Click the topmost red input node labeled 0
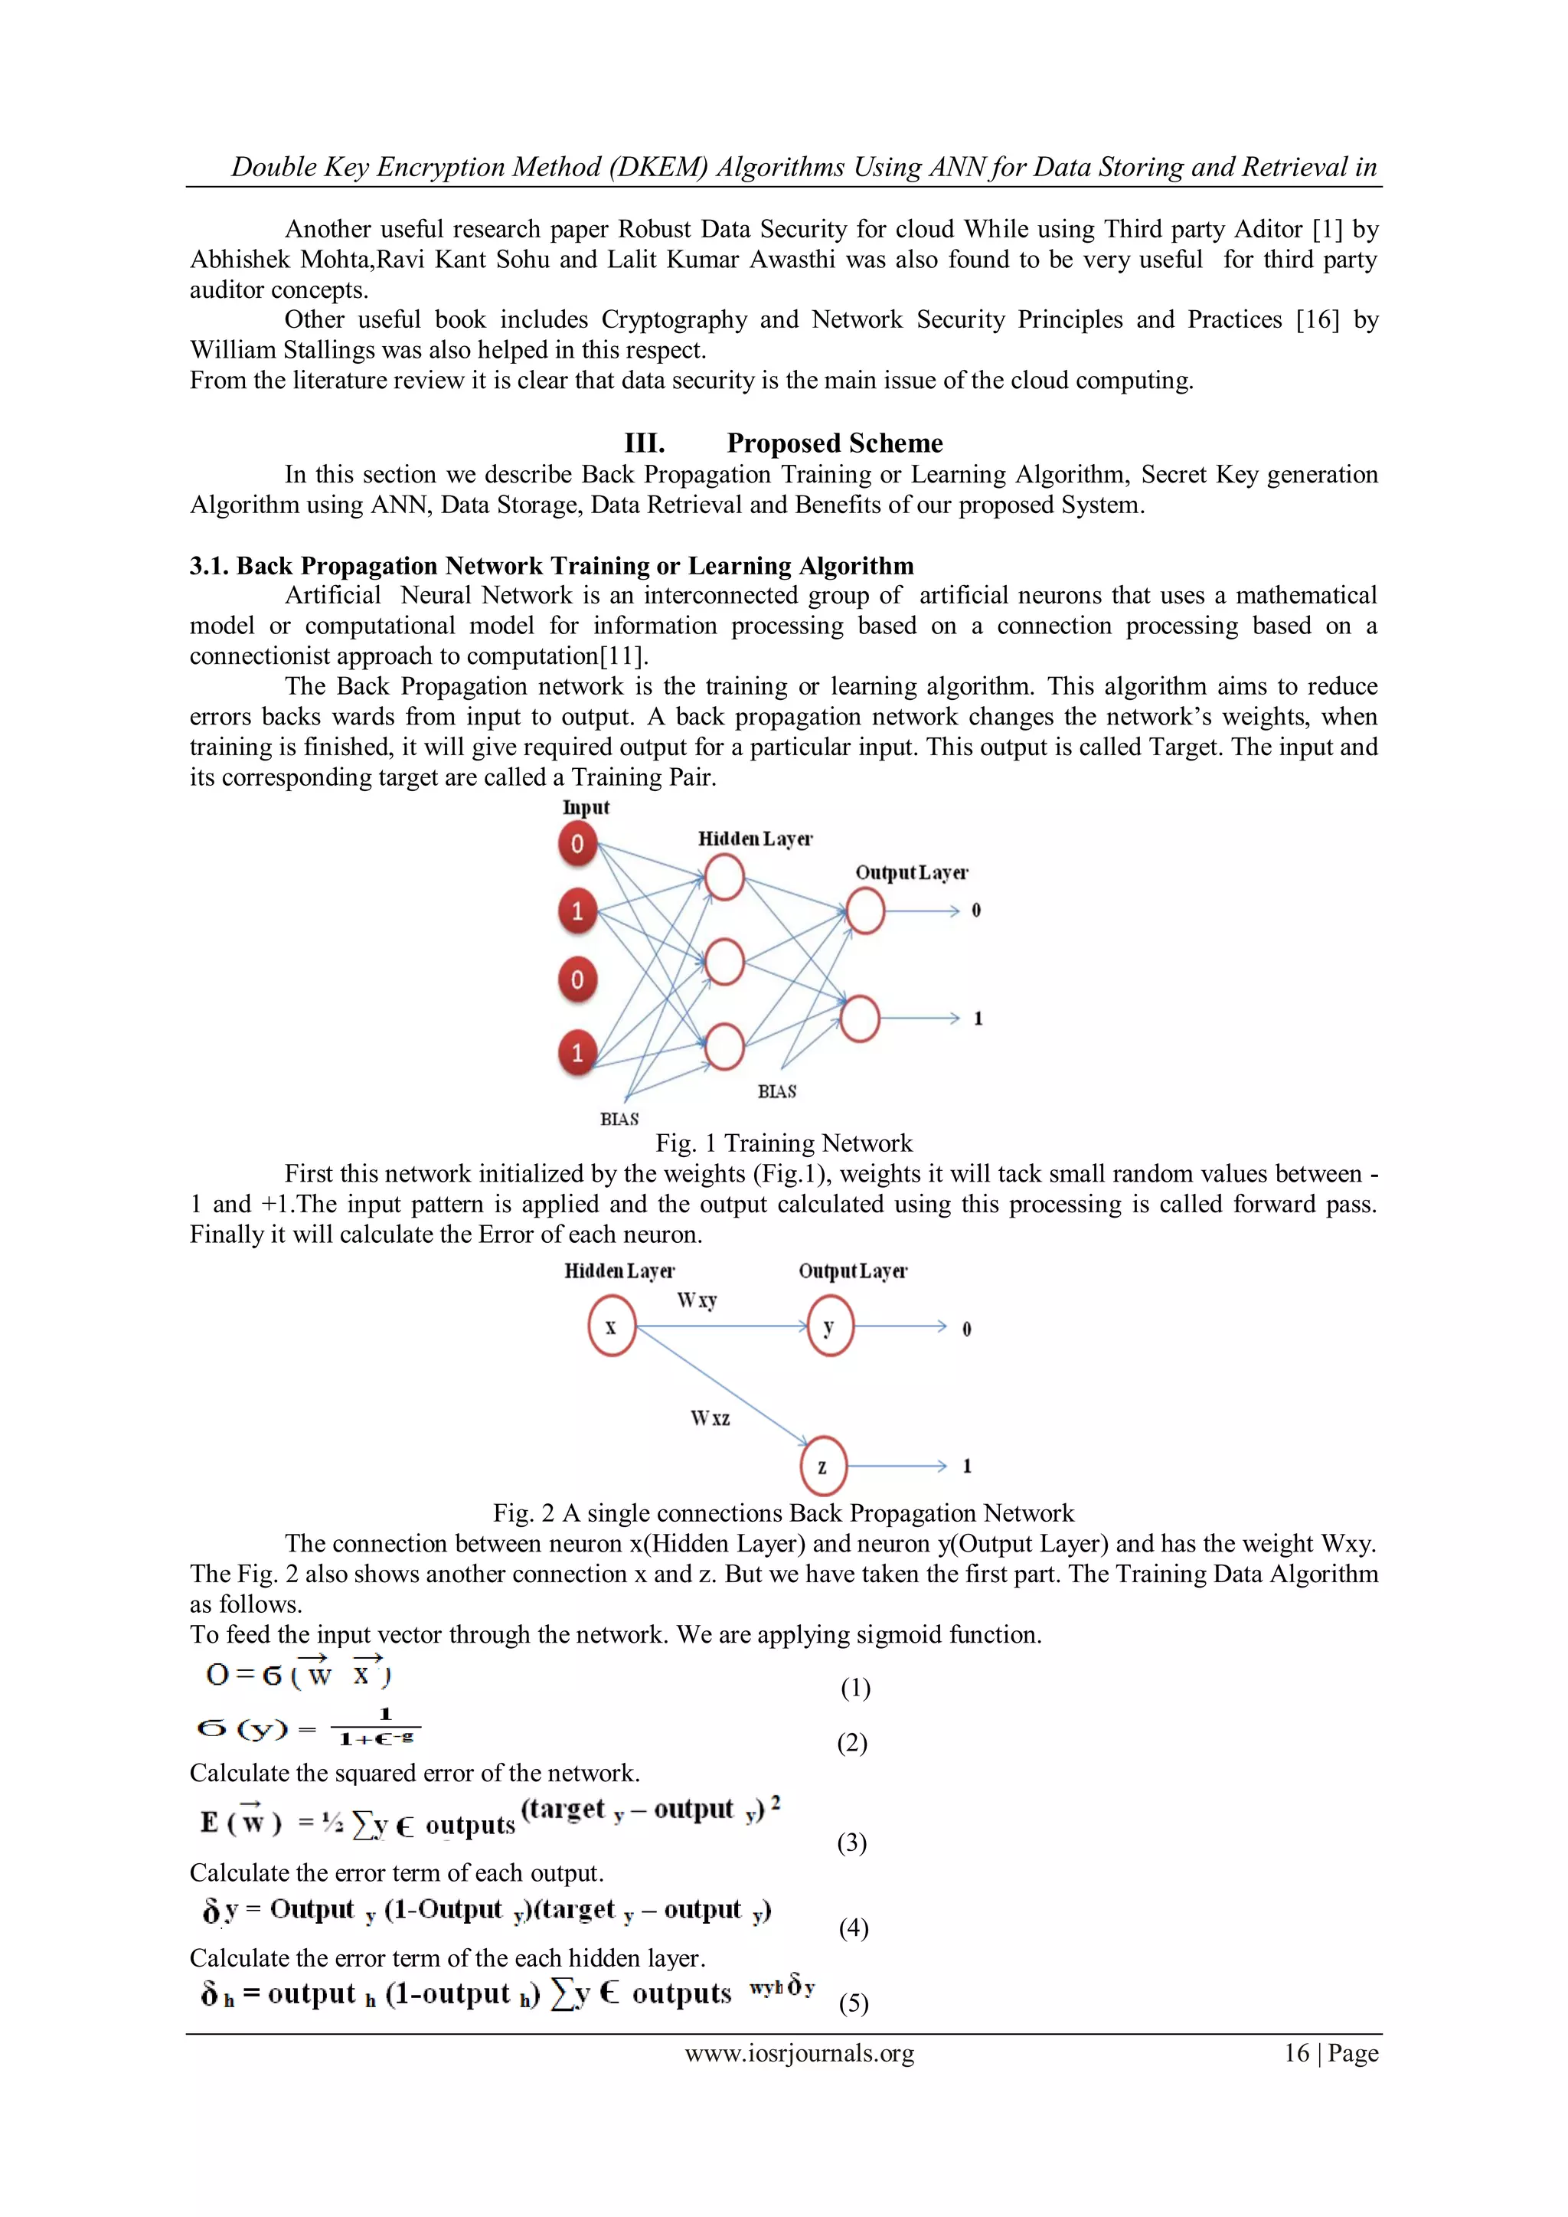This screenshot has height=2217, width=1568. tap(577, 843)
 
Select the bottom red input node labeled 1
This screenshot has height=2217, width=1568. tap(577, 1051)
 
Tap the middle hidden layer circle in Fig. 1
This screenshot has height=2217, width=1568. tap(724, 963)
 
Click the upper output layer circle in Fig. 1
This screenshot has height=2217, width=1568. tap(865, 911)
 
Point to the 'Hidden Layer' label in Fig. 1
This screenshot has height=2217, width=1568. tap(755, 838)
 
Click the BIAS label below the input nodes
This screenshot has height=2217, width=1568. tap(619, 1118)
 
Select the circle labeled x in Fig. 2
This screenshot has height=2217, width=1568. tap(611, 1326)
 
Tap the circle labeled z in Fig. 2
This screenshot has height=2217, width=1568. tap(822, 1467)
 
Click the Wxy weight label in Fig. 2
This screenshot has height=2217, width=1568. tap(696, 1300)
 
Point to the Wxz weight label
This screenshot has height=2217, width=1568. tap(710, 1418)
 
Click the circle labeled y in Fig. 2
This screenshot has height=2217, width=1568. tap(829, 1326)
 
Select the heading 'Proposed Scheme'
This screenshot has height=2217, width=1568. tap(835, 443)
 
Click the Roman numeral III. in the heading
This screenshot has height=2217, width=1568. tap(644, 443)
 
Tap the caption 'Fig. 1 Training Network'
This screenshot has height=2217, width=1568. tap(783, 1143)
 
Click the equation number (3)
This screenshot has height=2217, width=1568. tap(851, 1843)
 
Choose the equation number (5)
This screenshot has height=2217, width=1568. tap(853, 2003)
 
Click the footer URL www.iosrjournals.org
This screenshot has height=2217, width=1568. tap(799, 2053)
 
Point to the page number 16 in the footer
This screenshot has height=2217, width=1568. tap(1295, 2053)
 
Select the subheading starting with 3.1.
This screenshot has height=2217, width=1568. tap(551, 566)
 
